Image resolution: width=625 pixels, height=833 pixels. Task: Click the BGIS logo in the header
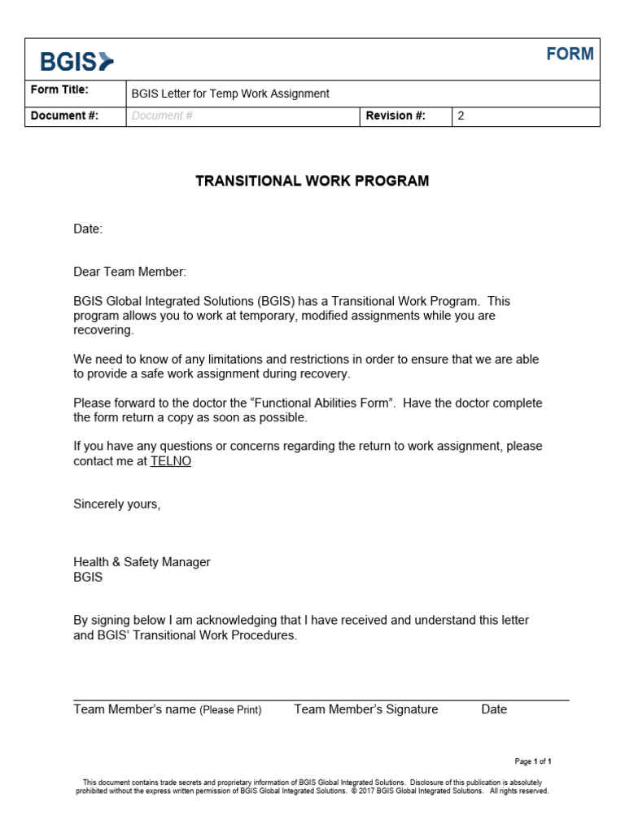tap(77, 61)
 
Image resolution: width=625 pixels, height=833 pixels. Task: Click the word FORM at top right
tap(570, 55)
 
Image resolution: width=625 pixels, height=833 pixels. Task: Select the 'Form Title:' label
tap(59, 90)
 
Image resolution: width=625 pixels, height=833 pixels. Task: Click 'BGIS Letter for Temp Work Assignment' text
tap(230, 94)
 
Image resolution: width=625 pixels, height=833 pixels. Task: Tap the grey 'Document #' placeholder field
tap(162, 116)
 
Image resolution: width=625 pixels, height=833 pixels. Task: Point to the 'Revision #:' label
tap(396, 116)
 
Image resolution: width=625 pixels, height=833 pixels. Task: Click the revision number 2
tap(461, 116)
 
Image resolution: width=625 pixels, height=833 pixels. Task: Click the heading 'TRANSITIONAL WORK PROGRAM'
tap(312, 181)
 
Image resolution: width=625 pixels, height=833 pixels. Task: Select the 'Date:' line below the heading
tap(88, 229)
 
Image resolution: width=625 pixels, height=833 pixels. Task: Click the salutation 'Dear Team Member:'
tap(130, 272)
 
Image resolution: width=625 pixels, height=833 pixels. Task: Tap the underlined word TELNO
tap(171, 461)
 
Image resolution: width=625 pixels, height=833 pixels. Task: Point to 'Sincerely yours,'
tap(117, 504)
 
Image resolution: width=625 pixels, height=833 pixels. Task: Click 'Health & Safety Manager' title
tap(142, 562)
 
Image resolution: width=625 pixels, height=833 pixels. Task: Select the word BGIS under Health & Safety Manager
tap(88, 578)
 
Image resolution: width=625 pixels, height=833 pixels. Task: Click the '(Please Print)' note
tap(230, 710)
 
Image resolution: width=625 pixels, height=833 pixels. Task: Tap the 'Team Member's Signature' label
tap(365, 709)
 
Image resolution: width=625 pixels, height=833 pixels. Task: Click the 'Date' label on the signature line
tap(494, 709)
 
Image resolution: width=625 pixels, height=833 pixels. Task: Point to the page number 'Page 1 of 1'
tap(533, 761)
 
